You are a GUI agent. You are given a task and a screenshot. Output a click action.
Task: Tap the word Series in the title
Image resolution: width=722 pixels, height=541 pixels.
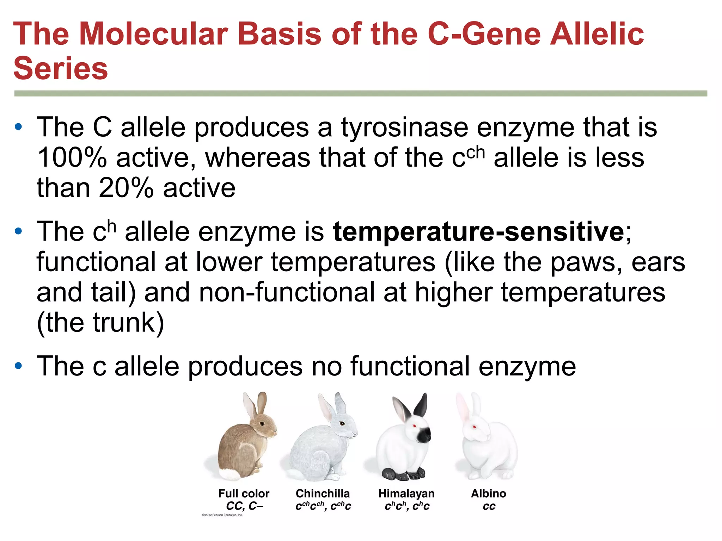(61, 69)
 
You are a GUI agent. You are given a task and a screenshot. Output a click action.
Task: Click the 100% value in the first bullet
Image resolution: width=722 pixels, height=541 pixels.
(72, 158)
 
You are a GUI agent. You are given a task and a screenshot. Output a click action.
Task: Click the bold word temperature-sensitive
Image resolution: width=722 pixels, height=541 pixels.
(478, 232)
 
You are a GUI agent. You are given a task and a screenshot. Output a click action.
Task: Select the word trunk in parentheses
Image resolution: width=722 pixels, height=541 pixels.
(123, 323)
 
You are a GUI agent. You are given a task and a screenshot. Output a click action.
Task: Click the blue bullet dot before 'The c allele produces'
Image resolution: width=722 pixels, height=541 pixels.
(18, 366)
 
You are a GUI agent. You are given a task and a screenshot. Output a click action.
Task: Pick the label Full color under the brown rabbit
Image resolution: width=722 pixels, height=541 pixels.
(244, 493)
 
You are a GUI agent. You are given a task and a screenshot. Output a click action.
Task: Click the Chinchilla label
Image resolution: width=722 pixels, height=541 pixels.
(323, 493)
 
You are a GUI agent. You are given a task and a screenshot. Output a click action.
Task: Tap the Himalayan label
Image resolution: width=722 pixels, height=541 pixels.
(406, 493)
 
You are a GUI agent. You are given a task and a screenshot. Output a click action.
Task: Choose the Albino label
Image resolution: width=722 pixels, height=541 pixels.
(488, 493)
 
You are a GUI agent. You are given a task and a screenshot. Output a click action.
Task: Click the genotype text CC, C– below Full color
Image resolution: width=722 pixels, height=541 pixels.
(244, 506)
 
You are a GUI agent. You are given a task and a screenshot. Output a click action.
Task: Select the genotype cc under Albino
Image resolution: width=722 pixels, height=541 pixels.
(489, 506)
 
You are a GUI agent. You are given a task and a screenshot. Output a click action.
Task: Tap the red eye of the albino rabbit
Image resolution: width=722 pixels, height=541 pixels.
(475, 428)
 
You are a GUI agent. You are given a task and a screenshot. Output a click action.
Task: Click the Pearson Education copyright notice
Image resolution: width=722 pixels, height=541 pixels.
(222, 515)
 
